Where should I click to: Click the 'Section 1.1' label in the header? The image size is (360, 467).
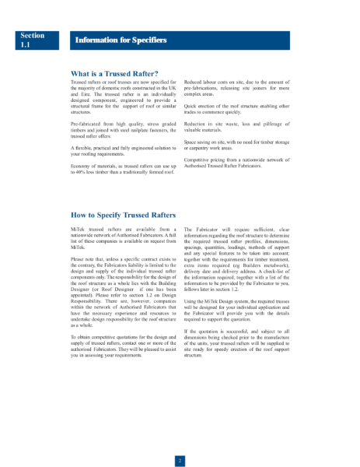tap(33, 40)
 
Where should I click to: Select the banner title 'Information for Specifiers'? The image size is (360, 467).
tap(120, 40)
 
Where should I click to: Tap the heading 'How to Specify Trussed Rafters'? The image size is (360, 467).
tap(123, 215)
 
